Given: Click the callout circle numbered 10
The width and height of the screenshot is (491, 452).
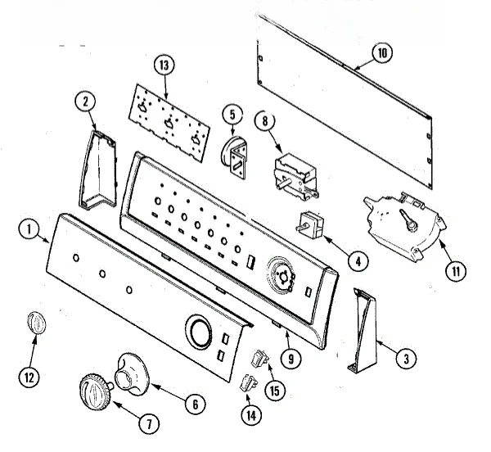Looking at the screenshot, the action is (x=382, y=53).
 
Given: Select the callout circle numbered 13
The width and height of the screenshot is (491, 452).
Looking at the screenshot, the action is (x=164, y=66).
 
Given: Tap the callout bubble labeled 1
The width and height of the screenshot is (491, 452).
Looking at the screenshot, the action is (x=29, y=229).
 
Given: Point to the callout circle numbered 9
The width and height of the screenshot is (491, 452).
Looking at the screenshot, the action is (x=291, y=359).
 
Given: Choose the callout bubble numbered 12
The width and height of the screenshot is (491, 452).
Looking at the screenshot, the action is (x=29, y=377).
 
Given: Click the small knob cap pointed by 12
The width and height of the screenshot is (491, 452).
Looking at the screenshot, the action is (x=36, y=323).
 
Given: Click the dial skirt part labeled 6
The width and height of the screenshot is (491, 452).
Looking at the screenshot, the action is (x=133, y=373).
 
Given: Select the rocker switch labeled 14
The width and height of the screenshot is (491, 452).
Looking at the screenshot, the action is (x=249, y=382).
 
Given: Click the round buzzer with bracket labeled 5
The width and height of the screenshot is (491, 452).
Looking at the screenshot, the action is (x=234, y=157).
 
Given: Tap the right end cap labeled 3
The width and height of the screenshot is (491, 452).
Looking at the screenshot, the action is (x=363, y=331).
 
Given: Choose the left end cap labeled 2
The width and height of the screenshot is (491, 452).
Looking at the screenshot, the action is (x=97, y=169).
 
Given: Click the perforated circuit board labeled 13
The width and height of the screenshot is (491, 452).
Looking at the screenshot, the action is (x=169, y=123).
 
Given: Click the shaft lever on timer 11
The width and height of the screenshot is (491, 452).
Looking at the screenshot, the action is (x=408, y=221).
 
